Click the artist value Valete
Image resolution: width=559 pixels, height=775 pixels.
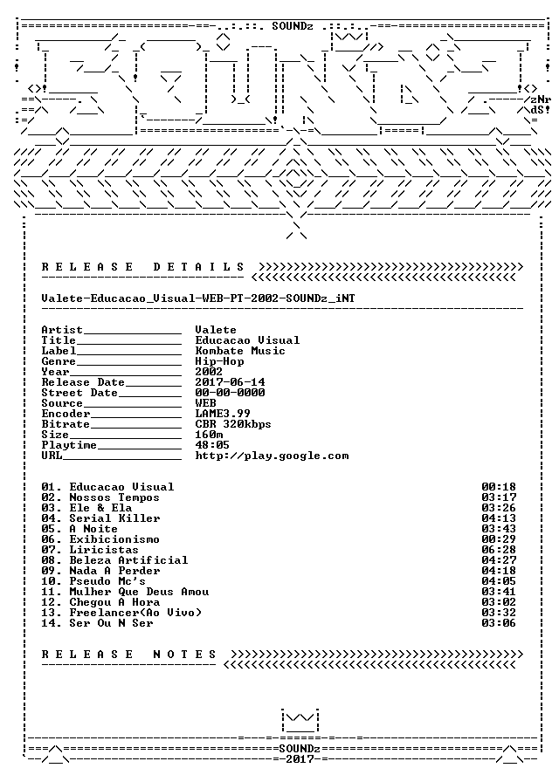click(216, 330)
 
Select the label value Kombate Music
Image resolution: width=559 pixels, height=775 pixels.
click(240, 351)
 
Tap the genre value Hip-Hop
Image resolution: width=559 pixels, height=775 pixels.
click(219, 361)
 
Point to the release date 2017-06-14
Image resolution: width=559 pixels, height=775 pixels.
click(230, 382)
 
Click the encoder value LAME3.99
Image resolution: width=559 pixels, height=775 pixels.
click(223, 413)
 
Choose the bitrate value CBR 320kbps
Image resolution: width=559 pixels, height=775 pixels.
click(233, 424)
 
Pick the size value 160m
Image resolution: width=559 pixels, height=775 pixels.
click(209, 435)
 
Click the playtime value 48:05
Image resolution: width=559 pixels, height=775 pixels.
click(212, 445)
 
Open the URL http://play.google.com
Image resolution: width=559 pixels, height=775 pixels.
click(272, 456)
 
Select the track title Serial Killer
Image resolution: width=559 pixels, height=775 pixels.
click(114, 518)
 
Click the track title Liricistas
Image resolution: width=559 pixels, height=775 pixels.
click(104, 550)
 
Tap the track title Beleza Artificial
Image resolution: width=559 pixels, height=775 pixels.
click(128, 560)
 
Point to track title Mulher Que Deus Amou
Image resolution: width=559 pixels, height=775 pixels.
click(139, 592)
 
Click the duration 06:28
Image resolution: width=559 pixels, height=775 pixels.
click(499, 550)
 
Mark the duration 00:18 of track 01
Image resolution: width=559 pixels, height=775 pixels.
click(499, 487)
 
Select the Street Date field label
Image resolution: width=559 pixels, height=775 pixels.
click(79, 393)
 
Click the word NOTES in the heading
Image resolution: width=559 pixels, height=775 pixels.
click(185, 655)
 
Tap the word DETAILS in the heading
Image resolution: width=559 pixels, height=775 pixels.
click(199, 267)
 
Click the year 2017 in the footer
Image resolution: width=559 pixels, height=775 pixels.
click(300, 758)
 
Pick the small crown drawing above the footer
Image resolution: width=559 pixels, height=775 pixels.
click(300, 721)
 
